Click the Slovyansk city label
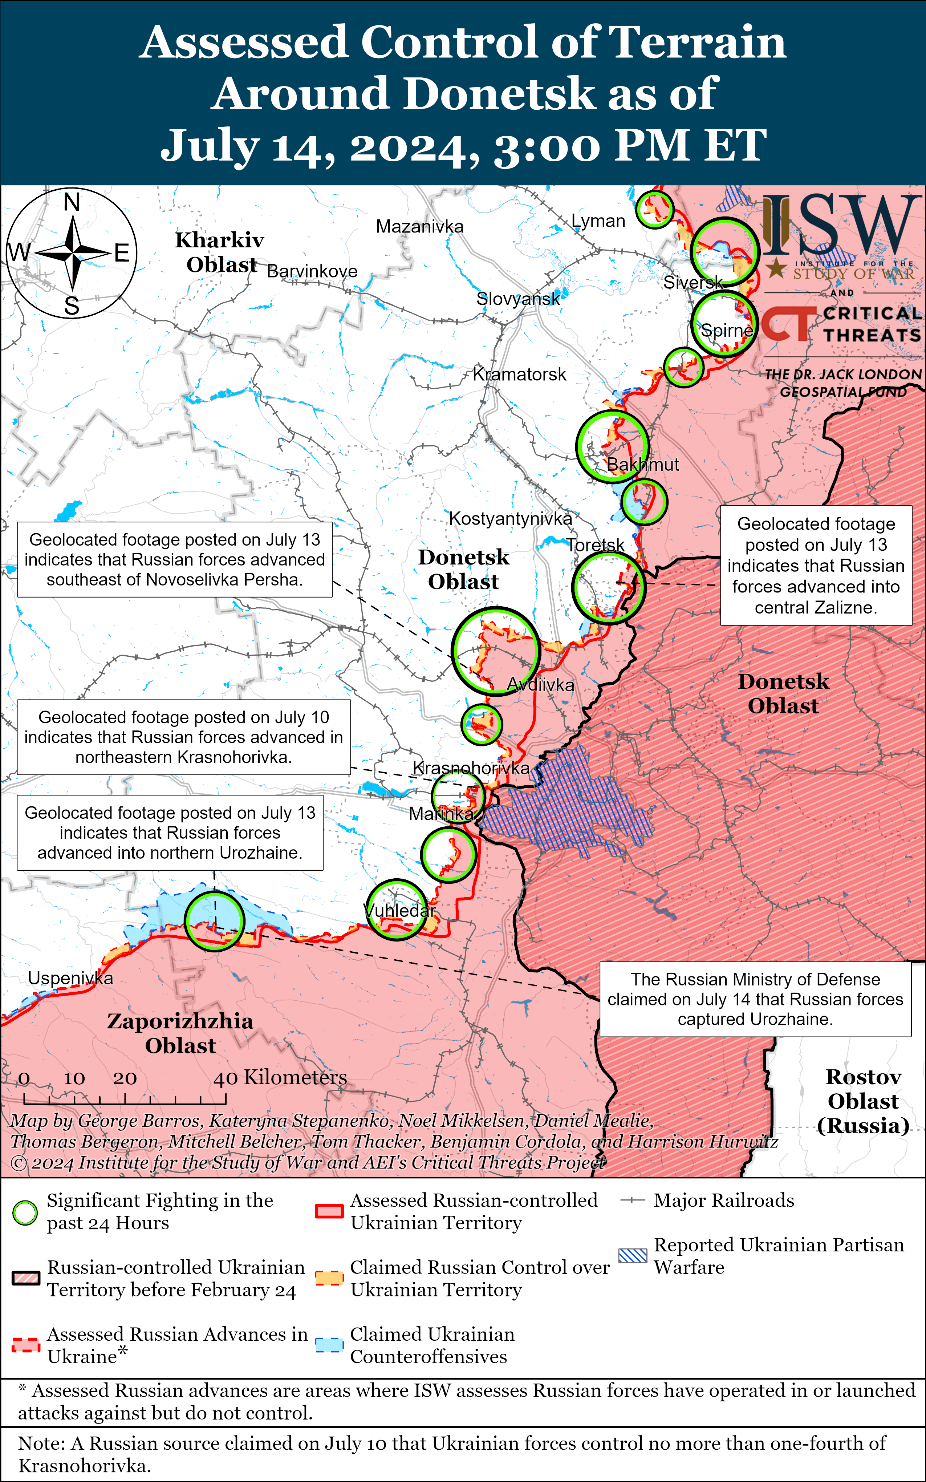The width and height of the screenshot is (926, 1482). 518,299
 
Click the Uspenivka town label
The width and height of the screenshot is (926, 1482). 70,978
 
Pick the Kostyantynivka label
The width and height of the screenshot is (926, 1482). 510,519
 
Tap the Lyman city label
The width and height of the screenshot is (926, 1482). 598,221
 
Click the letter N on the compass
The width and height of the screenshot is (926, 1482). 72,202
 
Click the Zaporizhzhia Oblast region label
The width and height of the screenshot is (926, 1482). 180,1033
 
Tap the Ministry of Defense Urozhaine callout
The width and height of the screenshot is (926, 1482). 755,999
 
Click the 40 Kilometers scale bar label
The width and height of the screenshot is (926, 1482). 280,1077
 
